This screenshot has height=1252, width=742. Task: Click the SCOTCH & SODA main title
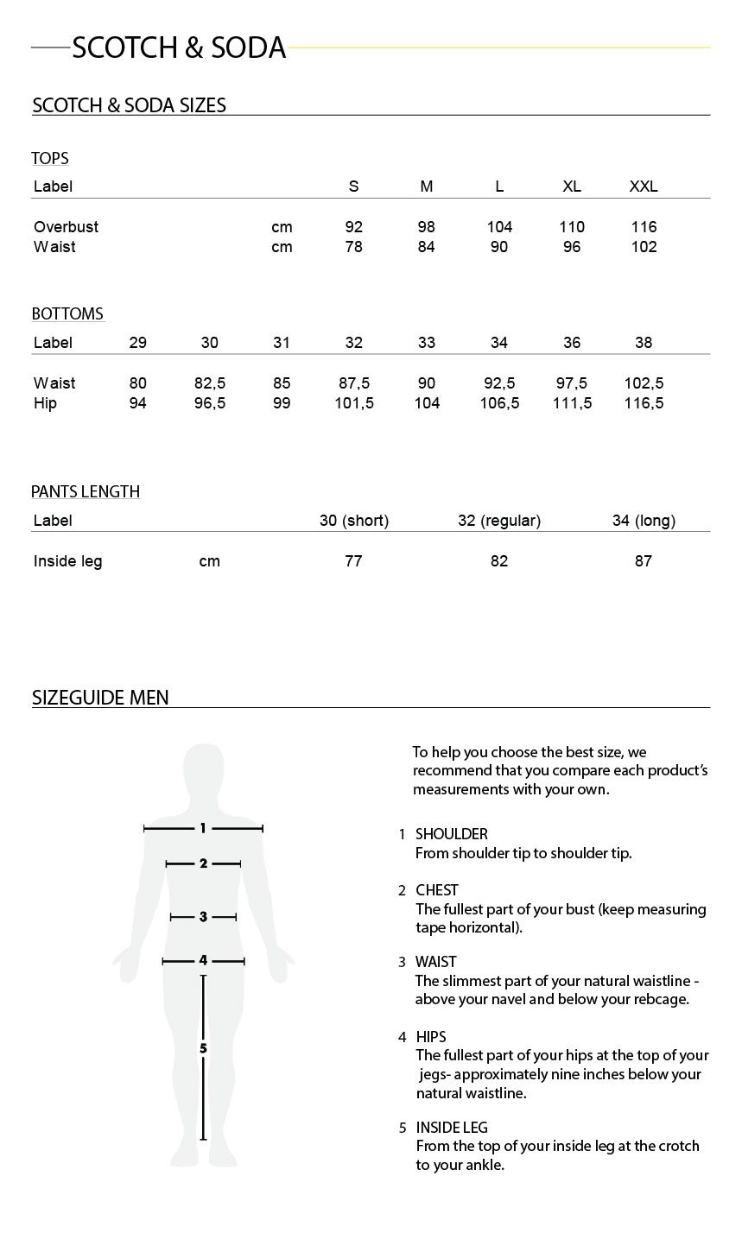pyautogui.click(x=179, y=48)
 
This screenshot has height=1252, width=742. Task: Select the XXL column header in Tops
pyautogui.click(x=644, y=187)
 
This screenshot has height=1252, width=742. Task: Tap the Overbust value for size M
pyautogui.click(x=427, y=227)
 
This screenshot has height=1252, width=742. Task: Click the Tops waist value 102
pyautogui.click(x=644, y=247)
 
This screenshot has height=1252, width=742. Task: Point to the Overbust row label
pyautogui.click(x=66, y=227)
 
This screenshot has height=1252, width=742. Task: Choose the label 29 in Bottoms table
pyautogui.click(x=137, y=343)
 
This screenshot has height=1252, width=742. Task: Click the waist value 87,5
pyautogui.click(x=354, y=383)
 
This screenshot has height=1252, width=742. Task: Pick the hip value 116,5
pyautogui.click(x=644, y=403)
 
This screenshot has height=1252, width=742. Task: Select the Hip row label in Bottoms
pyautogui.click(x=45, y=403)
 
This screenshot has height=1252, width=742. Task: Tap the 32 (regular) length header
pyautogui.click(x=499, y=521)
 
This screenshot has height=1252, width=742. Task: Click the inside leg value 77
pyautogui.click(x=353, y=561)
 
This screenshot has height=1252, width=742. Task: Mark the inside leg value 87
pyautogui.click(x=644, y=561)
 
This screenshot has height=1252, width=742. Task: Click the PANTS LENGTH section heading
pyautogui.click(x=86, y=492)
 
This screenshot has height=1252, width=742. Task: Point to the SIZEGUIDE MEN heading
pyautogui.click(x=100, y=698)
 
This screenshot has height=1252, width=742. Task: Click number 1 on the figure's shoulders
pyautogui.click(x=203, y=829)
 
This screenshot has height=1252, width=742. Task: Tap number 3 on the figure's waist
pyautogui.click(x=203, y=917)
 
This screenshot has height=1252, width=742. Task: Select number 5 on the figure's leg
pyautogui.click(x=203, y=1048)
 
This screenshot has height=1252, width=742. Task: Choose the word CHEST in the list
pyautogui.click(x=437, y=890)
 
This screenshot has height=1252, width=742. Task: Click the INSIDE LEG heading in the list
pyautogui.click(x=452, y=1128)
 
